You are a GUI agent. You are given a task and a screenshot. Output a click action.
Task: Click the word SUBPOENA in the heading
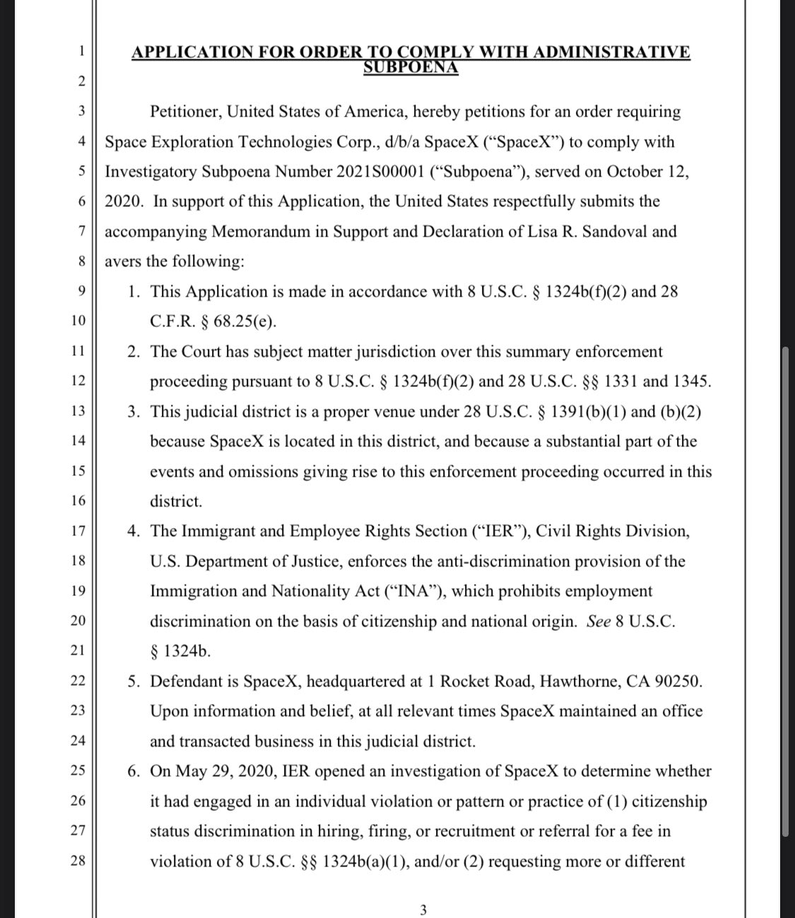(411, 68)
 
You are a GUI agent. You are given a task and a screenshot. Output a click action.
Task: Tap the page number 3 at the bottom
(423, 910)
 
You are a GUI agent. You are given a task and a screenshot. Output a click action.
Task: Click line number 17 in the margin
(79, 530)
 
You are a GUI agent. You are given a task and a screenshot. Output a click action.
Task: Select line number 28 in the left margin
(79, 861)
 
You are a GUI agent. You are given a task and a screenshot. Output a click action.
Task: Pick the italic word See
(599, 621)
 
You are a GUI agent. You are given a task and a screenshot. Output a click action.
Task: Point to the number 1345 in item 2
(690, 381)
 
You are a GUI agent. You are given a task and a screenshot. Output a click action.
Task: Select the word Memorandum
(257, 232)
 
